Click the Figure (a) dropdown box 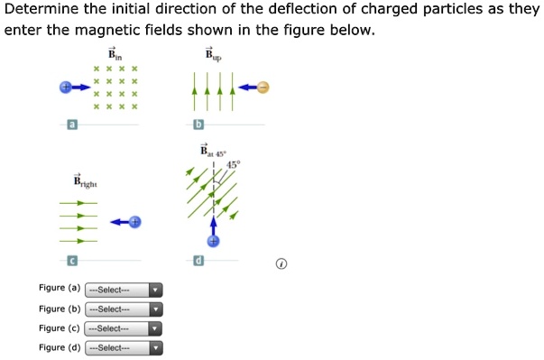point(124,291)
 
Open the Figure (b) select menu point(124,309)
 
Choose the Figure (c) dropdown point(124,329)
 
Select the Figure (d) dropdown point(124,348)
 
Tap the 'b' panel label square point(199,124)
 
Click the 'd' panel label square point(199,261)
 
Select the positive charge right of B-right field point(135,221)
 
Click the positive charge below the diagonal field point(214,241)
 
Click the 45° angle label point(234,164)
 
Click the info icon point(281,264)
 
